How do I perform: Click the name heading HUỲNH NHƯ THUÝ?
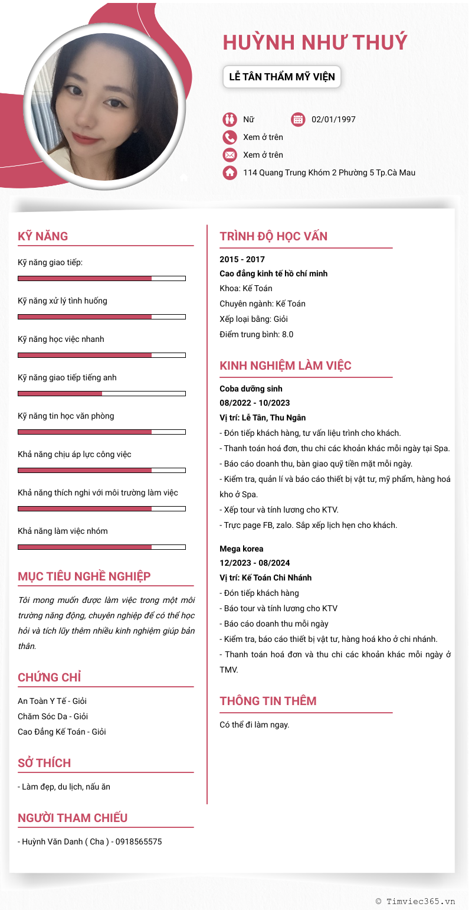(315, 43)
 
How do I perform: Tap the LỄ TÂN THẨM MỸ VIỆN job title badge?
(282, 77)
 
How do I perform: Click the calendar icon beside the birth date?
(298, 119)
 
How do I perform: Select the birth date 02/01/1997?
(333, 119)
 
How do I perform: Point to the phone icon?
(230, 137)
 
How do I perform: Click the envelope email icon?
(230, 155)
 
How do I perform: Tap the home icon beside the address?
(230, 172)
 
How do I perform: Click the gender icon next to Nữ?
(230, 119)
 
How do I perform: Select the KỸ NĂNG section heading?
(43, 236)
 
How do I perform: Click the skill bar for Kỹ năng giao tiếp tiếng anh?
(101, 393)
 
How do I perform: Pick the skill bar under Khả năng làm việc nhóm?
(101, 547)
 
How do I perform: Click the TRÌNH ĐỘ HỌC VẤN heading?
(273, 236)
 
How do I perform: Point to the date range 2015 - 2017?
(242, 259)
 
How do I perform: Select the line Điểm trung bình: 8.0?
(256, 334)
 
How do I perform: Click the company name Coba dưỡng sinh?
(251, 389)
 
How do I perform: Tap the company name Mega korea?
(241, 549)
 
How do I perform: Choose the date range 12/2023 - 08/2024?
(254, 563)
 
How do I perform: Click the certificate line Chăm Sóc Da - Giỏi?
(53, 716)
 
